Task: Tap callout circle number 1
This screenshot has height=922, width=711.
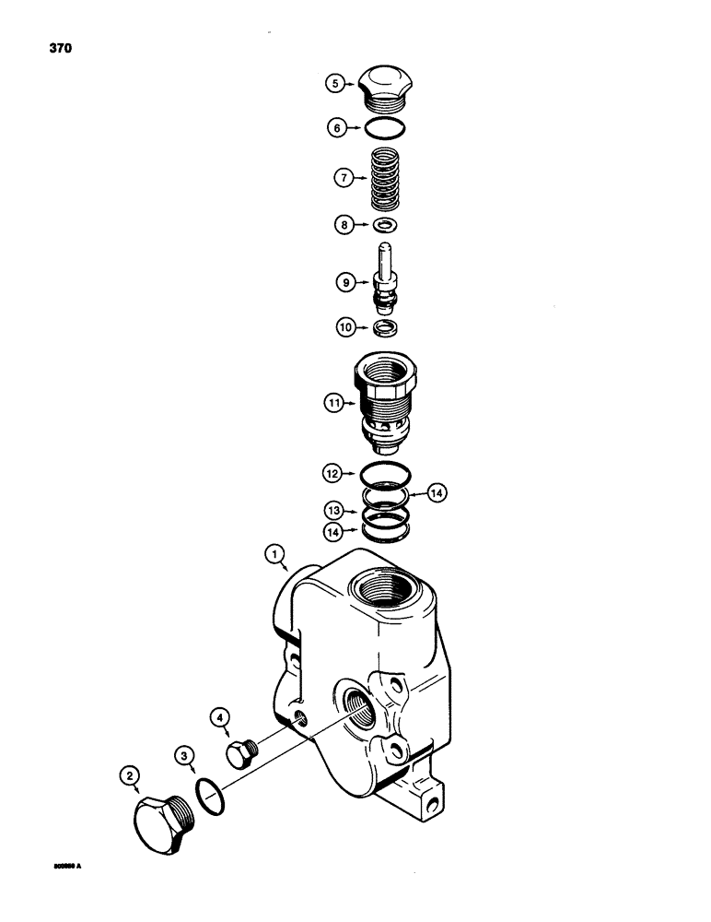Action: click(x=273, y=555)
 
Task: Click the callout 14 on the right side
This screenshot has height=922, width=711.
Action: click(x=437, y=494)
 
